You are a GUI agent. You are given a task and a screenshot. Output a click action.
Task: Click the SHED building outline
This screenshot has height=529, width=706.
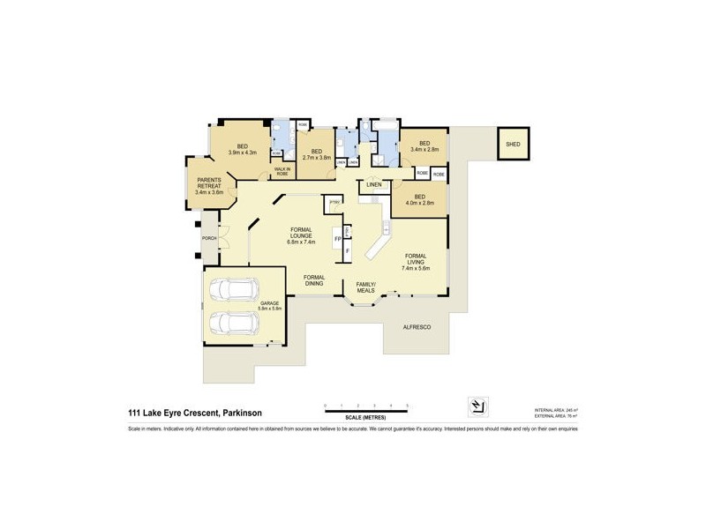[511, 146]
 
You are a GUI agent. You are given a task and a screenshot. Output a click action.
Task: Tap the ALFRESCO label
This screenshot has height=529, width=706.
[416, 327]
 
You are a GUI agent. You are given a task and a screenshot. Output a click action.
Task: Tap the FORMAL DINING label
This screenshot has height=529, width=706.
[314, 280]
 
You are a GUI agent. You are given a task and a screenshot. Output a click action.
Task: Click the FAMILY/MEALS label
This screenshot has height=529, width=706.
[365, 287]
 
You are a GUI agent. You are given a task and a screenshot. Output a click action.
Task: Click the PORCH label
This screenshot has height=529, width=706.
[209, 238]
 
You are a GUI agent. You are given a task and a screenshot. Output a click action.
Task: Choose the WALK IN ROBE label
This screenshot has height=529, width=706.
[282, 171]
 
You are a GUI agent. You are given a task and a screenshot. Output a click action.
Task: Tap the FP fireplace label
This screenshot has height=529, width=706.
[336, 239]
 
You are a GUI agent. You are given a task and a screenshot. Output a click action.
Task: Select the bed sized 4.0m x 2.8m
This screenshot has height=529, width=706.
[420, 199]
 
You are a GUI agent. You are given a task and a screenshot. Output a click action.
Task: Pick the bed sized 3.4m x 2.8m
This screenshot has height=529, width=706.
[424, 146]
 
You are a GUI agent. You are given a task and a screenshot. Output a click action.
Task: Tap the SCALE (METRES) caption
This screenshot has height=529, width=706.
[365, 415]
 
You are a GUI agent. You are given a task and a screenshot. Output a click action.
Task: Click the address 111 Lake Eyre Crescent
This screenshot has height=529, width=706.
[195, 412]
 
